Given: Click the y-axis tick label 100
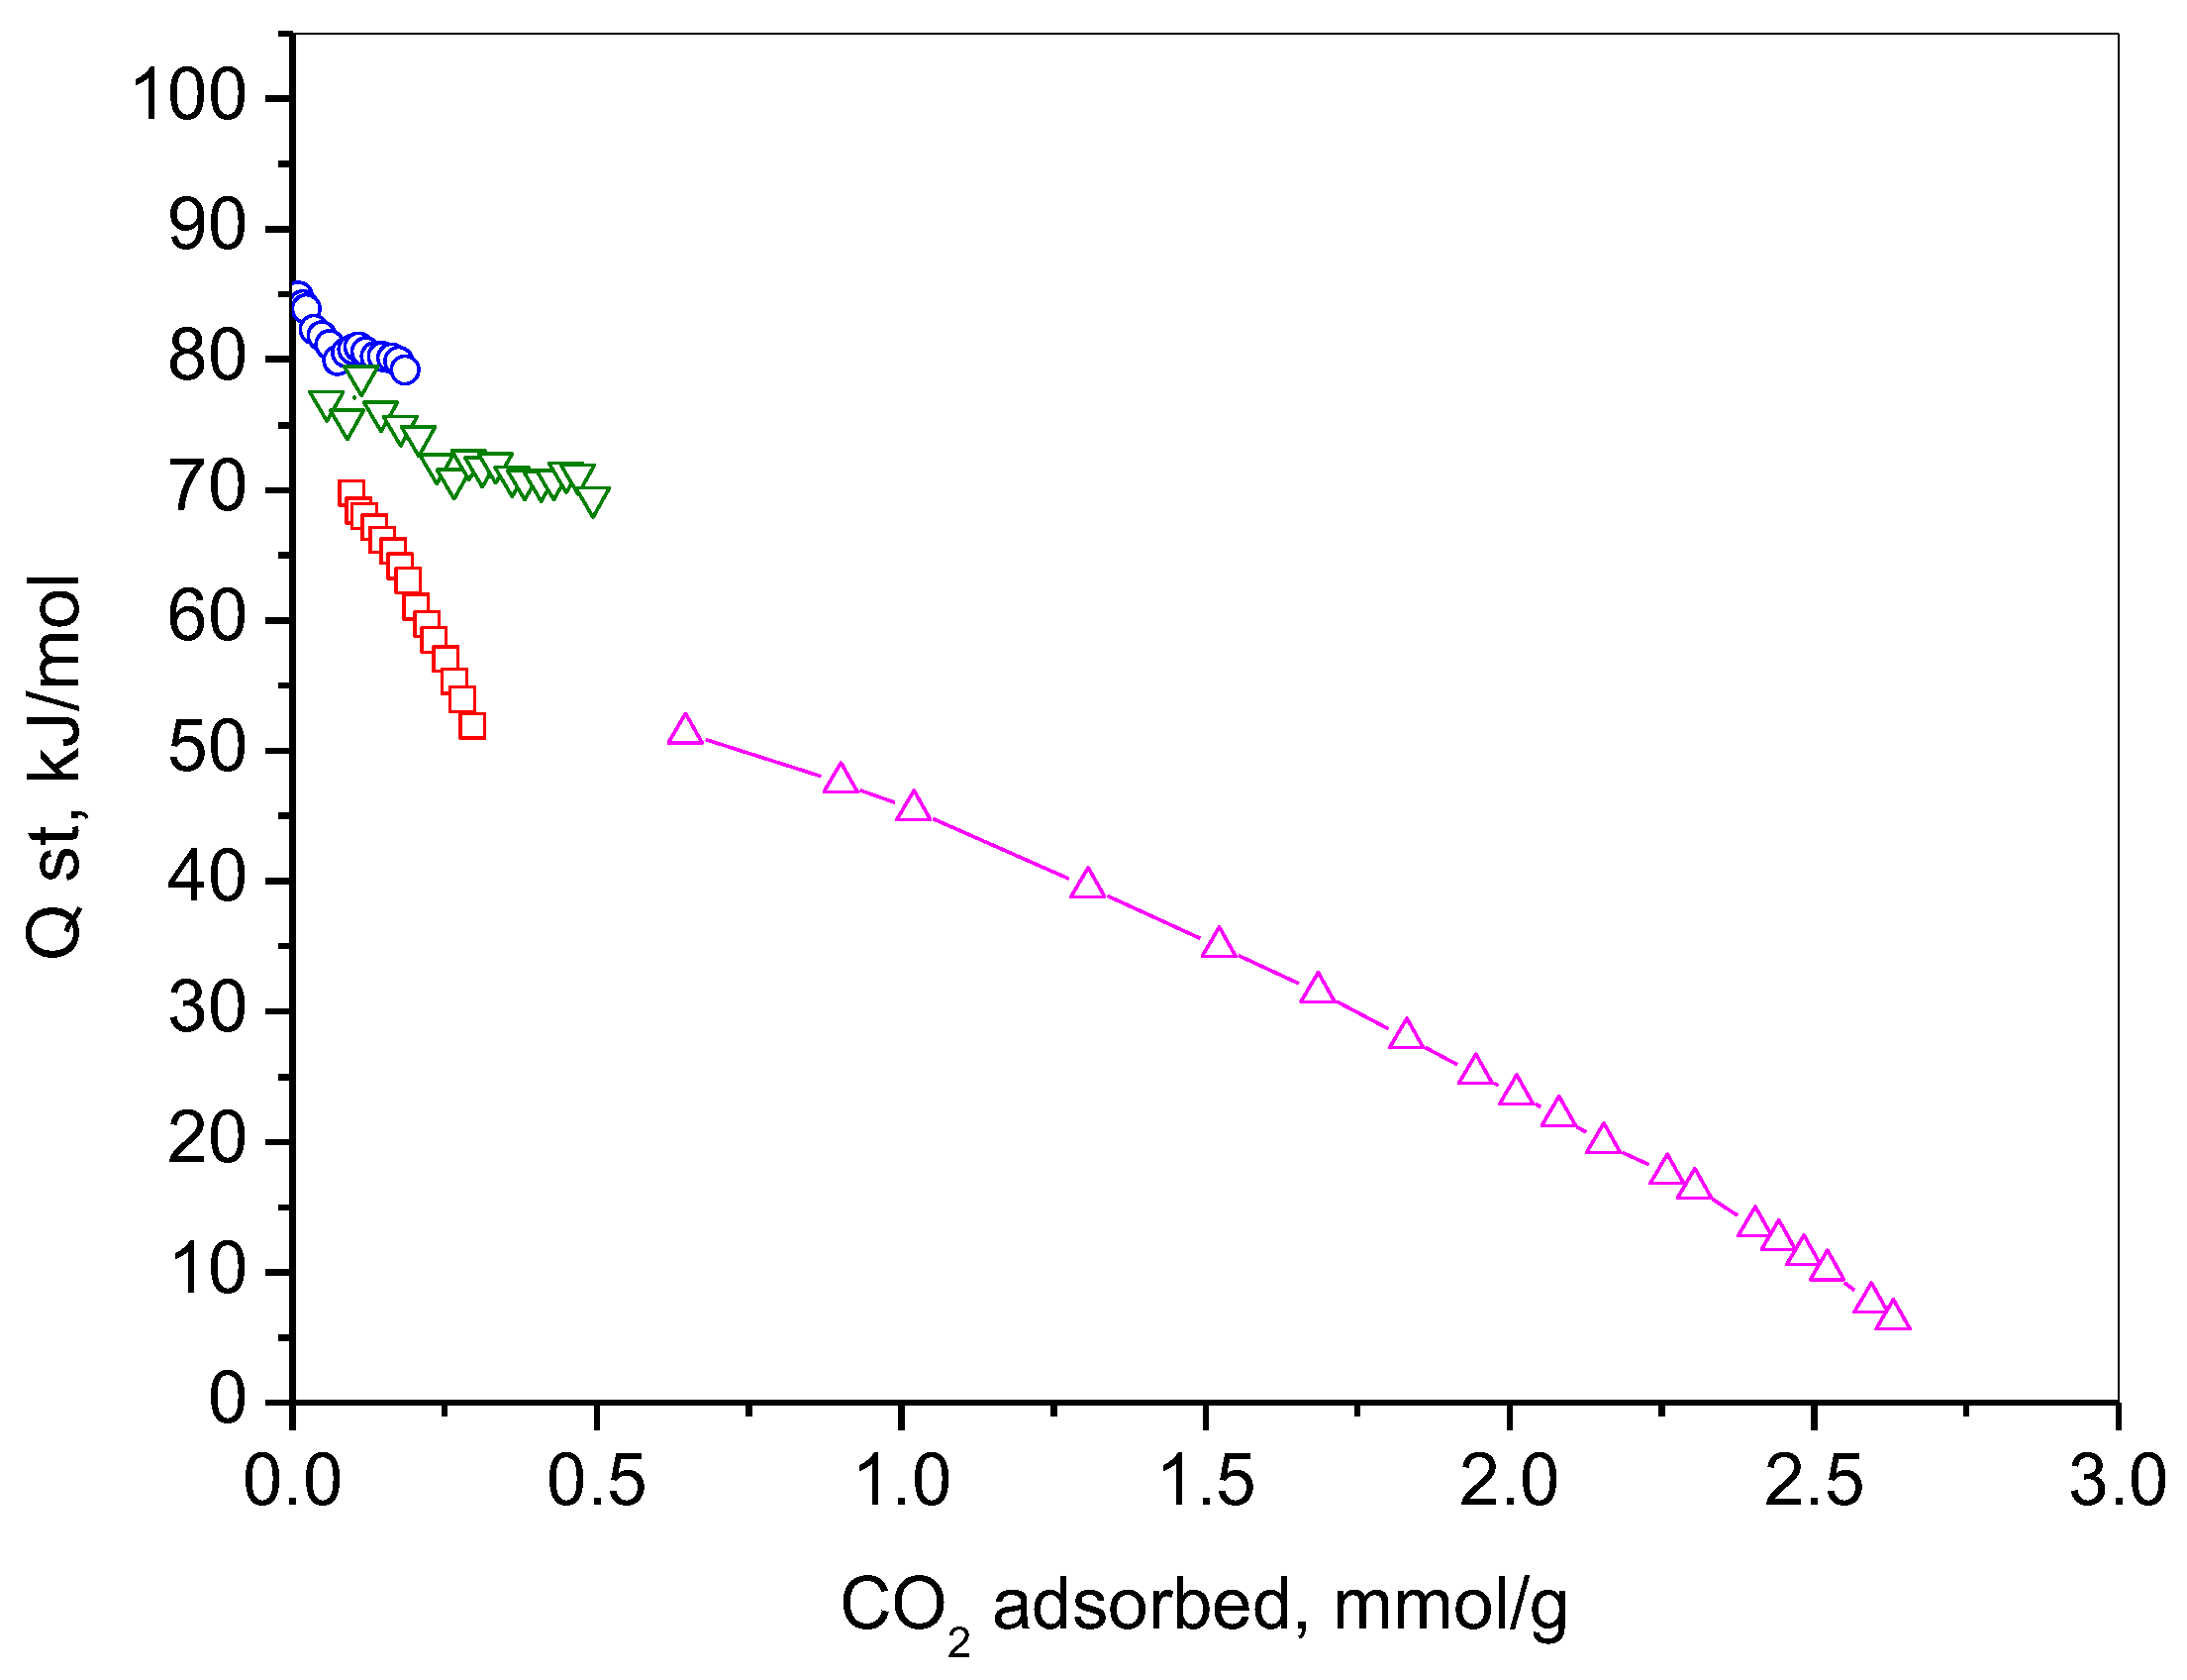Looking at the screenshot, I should point(188,97).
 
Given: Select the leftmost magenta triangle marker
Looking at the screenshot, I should point(685,731).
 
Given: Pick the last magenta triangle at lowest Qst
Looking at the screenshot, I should point(1892,1317).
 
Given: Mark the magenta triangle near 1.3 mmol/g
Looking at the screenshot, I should point(1086,885).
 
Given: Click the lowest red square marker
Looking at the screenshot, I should point(472,725).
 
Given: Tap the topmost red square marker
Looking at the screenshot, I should point(350,492).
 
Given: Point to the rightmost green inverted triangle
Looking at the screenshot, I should point(593,499).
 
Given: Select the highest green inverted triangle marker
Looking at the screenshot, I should point(359,377).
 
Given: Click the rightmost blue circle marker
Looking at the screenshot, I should point(405,369).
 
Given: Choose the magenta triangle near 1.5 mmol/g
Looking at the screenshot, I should point(1218,943).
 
